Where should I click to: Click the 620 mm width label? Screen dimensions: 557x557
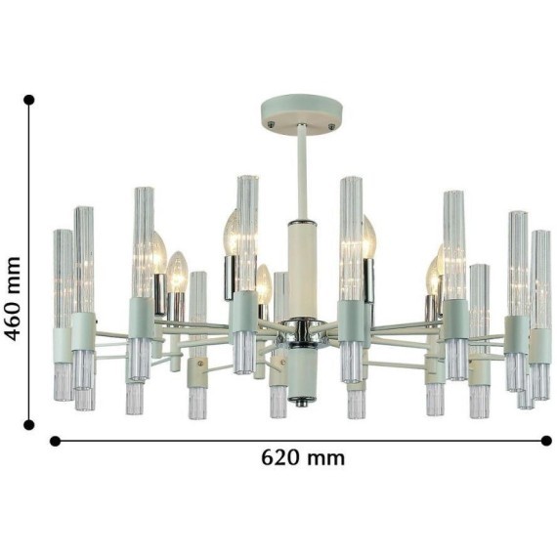click(303, 458)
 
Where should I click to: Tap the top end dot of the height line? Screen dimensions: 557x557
click(28, 100)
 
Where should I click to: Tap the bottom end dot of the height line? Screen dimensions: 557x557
click(28, 424)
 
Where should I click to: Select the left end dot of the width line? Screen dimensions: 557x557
click(55, 441)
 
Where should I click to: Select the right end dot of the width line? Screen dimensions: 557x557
click(546, 441)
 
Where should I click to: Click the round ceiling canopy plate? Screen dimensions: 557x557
click(302, 114)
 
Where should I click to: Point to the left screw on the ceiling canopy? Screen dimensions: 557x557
click(272, 123)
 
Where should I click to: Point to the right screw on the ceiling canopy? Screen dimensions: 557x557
click(332, 125)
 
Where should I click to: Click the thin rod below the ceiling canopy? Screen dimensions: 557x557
click(302, 173)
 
